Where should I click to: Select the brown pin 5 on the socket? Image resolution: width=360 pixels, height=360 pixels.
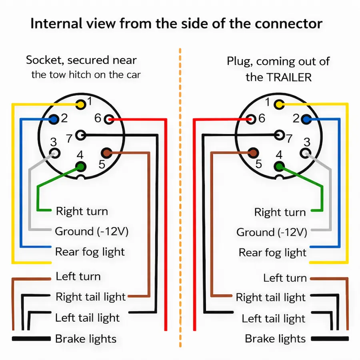click(x=106, y=152)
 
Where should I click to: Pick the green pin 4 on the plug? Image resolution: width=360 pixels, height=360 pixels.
click(x=279, y=167)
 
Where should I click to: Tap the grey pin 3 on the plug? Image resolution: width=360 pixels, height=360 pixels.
click(x=306, y=153)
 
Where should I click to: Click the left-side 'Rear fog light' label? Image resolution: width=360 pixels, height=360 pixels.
click(x=90, y=252)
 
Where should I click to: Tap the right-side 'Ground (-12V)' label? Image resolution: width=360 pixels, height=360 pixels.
click(x=272, y=232)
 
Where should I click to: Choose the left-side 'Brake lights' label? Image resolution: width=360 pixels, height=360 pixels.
click(x=86, y=339)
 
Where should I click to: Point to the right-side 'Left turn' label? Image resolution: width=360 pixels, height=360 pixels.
click(x=285, y=278)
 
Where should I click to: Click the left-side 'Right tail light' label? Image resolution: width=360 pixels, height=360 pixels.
click(x=90, y=297)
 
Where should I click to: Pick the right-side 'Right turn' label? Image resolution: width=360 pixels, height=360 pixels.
click(x=280, y=212)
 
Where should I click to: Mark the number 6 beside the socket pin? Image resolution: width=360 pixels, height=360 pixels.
click(x=98, y=118)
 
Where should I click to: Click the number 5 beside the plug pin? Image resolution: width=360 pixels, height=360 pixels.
click(x=258, y=164)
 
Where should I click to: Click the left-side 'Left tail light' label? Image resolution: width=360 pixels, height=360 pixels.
click(x=87, y=318)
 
